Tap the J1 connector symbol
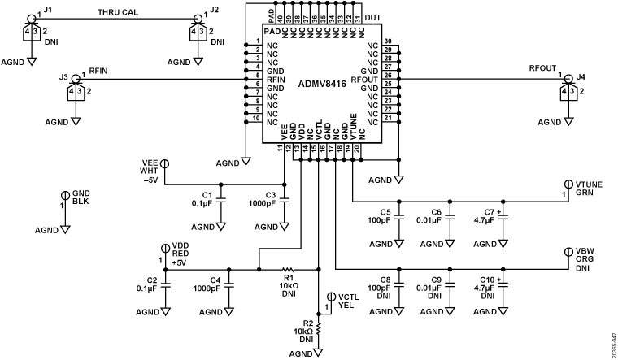click(31, 33)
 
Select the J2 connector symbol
click(195, 33)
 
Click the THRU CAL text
click(119, 12)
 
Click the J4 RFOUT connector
click(567, 91)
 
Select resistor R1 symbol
click(287, 269)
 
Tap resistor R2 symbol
click(318, 331)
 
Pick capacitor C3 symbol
click(284, 199)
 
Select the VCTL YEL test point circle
click(330, 297)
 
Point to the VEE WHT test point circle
click(163, 163)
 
